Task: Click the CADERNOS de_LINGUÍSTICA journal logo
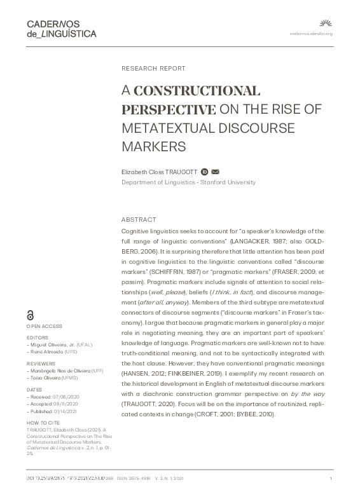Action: click(61, 29)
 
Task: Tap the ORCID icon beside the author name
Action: click(204, 172)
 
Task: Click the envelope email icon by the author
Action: click(216, 172)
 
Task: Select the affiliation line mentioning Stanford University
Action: click(188, 182)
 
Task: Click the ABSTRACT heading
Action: click(138, 219)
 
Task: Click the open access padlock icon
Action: click(31, 316)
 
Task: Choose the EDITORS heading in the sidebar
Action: click(37, 337)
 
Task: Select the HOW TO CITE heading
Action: click(42, 421)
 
